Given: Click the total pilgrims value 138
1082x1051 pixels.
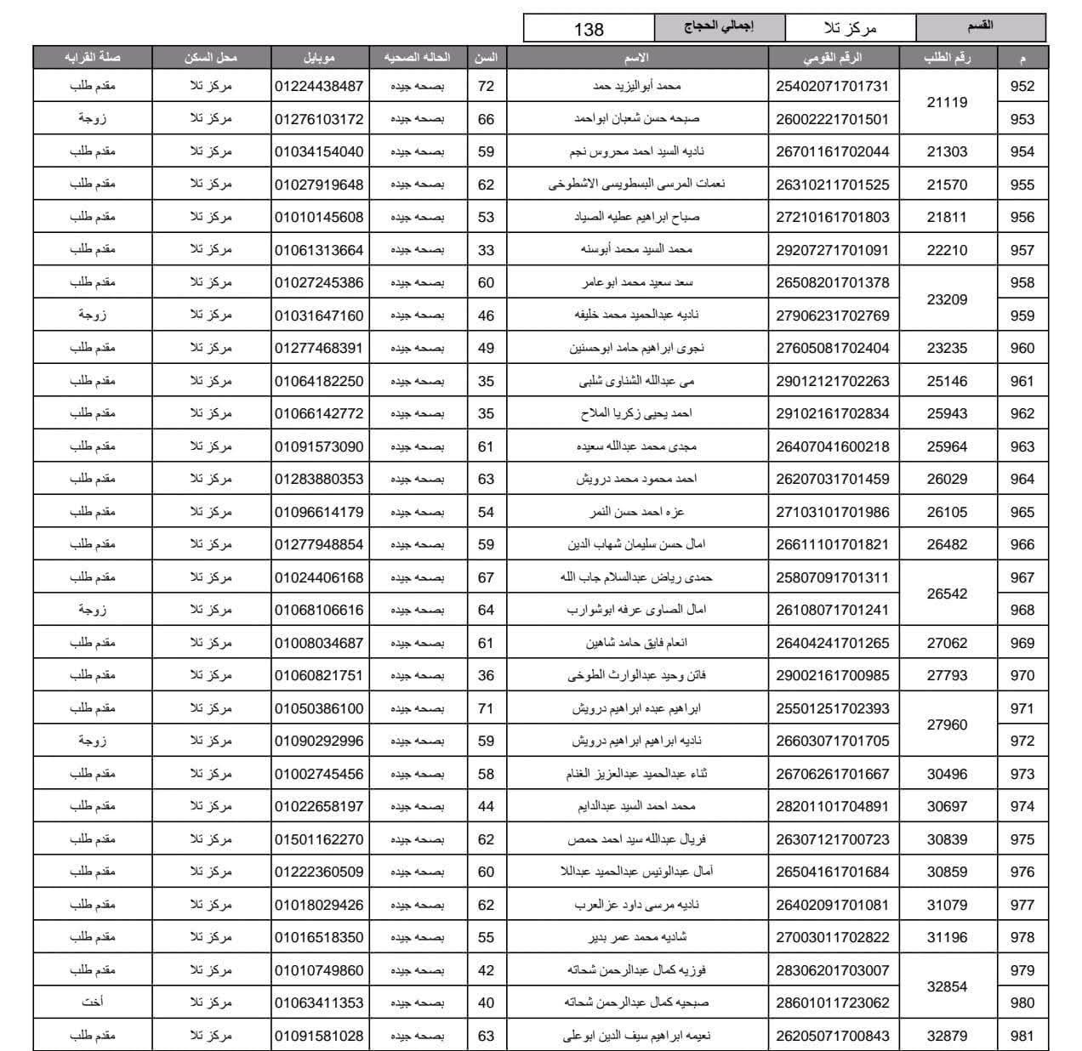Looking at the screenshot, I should (589, 29).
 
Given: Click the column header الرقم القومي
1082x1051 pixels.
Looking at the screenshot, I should (832, 58).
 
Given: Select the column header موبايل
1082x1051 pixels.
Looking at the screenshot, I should (319, 58).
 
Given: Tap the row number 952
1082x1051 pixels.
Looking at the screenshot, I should (1022, 86).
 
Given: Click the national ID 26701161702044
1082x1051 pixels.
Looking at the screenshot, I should (832, 151).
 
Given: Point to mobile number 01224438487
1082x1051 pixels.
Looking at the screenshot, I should (319, 86).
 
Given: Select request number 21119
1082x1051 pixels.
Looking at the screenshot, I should (947, 102).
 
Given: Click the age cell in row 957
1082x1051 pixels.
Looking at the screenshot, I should (486, 250).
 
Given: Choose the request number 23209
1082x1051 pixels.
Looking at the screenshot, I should (947, 299).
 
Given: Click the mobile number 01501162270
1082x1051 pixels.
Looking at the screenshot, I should (319, 839).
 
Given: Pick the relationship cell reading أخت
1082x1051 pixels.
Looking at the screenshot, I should (92, 1003).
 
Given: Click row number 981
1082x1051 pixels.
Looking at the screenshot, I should (1022, 1036).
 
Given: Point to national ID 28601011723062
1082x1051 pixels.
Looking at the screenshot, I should (832, 1003).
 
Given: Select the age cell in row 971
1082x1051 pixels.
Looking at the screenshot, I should (486, 708).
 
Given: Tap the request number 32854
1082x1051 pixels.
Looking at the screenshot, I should (947, 986).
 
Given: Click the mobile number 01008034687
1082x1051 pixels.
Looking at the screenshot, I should (319, 643).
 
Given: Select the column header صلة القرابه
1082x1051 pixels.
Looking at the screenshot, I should (92, 58).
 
